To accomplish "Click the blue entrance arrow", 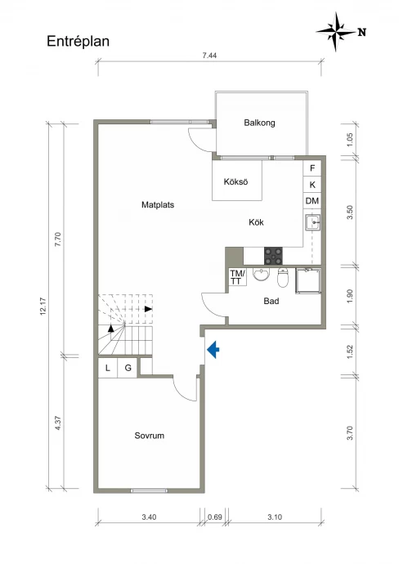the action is coord(213,349).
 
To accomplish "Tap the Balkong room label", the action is coord(259,123).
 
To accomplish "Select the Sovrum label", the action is coord(150,436).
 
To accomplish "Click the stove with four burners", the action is coord(273,256).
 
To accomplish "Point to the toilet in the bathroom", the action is coord(283,278).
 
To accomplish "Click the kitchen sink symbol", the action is coord(312,222).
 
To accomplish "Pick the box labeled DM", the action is coord(312,201).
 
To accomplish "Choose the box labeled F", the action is coord(312,168).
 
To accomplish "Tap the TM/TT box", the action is coord(237,277).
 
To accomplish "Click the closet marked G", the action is coord(128,368).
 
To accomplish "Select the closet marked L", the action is coord(108,368).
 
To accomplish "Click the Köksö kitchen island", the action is coord(237,181).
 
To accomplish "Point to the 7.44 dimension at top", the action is coord(209,56).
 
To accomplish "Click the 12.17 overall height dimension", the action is coord(43,307).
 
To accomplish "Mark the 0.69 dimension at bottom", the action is coord(215,517).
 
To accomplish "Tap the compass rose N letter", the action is coord(362,32).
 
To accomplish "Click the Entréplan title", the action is coord(78,42).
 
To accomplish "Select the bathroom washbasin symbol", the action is coord(261,275).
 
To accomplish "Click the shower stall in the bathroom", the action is coord(308,281).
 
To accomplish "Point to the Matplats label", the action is coord(158,205).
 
